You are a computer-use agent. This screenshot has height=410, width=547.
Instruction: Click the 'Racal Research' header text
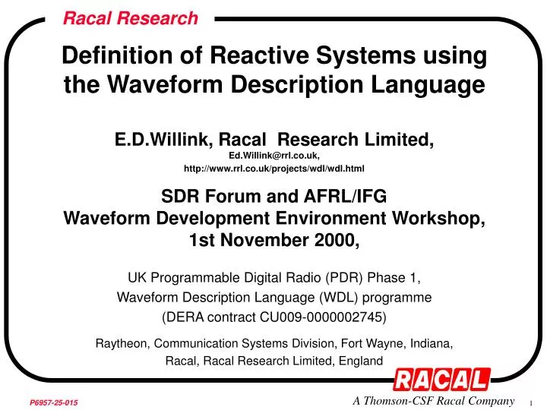130,17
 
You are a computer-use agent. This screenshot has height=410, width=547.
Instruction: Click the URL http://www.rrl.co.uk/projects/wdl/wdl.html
273,168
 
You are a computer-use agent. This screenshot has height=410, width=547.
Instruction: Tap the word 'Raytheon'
122,343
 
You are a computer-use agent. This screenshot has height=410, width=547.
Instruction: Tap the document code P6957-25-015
54,400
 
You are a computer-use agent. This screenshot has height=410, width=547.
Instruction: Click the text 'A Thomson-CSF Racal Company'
434,400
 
